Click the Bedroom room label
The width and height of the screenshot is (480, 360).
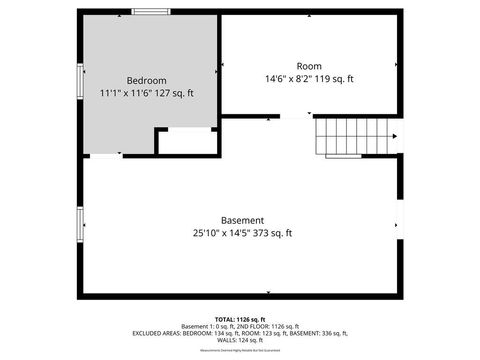[x=146, y=80]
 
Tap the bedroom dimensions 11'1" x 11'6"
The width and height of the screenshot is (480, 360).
[x=122, y=93]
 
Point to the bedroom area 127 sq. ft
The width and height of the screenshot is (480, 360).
[x=171, y=93]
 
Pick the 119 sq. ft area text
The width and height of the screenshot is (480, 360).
[x=335, y=78]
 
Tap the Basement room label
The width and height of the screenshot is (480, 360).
[x=242, y=220]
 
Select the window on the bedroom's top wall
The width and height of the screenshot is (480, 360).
[x=150, y=11]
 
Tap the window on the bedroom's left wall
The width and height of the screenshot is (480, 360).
[x=79, y=80]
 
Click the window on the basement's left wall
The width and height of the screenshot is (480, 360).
[x=79, y=225]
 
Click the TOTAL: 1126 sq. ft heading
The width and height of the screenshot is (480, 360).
[x=240, y=318]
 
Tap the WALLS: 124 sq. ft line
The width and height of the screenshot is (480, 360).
[x=240, y=339]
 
